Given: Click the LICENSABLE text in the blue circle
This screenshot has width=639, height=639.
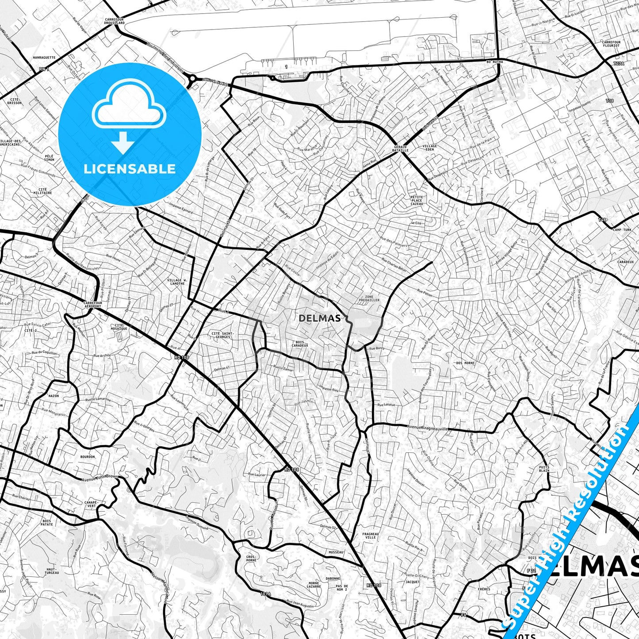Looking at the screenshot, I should [130, 169].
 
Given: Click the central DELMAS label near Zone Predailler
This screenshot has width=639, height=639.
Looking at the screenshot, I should [320, 318].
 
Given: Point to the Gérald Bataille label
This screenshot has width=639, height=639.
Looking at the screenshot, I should [400, 149].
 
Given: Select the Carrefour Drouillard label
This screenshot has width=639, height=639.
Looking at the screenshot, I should [115, 21].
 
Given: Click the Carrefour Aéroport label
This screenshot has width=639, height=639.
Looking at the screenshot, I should [92, 305].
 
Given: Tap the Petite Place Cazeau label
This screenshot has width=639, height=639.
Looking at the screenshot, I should [417, 200].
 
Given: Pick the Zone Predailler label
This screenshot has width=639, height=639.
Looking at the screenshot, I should [369, 298].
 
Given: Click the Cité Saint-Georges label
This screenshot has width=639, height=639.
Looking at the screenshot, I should [222, 335].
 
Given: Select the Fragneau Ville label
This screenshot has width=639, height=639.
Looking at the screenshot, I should [371, 536].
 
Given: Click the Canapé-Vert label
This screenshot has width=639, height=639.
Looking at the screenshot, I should [91, 504].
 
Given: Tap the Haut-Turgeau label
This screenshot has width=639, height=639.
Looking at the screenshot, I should [52, 571].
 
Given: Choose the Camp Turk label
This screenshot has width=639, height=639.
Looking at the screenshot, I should [622, 230].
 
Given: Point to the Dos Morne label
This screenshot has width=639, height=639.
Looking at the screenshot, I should [465, 363].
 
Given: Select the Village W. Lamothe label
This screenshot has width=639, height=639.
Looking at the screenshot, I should [177, 282].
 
